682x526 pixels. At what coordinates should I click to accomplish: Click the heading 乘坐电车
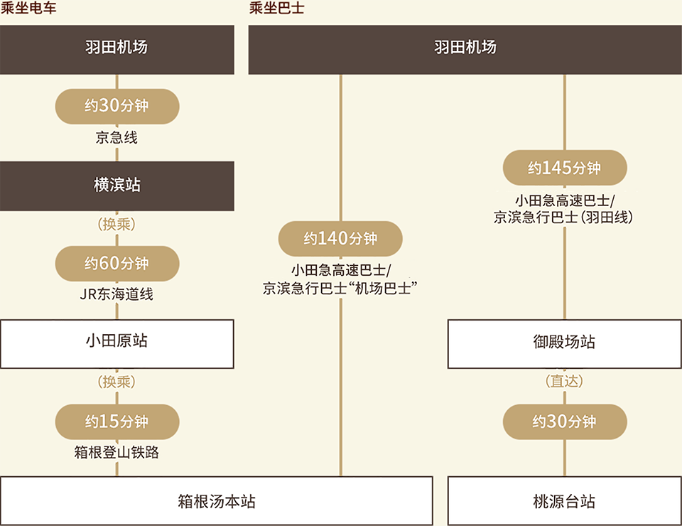click(x=28, y=7)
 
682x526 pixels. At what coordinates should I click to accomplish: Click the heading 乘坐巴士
click(x=276, y=7)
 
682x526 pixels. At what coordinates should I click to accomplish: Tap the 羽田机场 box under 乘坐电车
click(x=117, y=50)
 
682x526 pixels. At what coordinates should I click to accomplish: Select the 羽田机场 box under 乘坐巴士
click(x=465, y=50)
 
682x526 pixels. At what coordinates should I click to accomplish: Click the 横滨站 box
click(x=117, y=186)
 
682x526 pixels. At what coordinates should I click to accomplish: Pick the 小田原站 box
click(x=117, y=344)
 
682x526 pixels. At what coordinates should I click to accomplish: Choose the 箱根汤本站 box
click(x=217, y=500)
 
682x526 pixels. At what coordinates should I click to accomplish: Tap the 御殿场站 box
click(x=565, y=344)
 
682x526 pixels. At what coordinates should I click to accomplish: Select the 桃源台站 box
click(x=565, y=500)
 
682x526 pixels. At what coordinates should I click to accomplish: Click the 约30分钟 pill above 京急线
click(x=117, y=106)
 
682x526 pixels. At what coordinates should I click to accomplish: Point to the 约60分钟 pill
click(x=117, y=264)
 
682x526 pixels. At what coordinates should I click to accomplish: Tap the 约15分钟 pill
click(x=117, y=422)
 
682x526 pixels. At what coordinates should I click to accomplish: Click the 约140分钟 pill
click(x=340, y=238)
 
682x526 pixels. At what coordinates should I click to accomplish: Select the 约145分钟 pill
click(x=565, y=168)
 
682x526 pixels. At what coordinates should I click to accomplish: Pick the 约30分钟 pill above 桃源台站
click(x=565, y=422)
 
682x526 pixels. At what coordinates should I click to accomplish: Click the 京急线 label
click(x=117, y=137)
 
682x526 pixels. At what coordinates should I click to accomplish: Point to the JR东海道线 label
click(x=117, y=294)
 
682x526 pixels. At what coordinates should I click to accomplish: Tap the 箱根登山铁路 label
click(x=117, y=453)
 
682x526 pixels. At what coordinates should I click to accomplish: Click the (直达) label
click(x=564, y=381)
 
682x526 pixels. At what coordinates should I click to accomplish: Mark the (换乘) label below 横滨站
click(x=117, y=224)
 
